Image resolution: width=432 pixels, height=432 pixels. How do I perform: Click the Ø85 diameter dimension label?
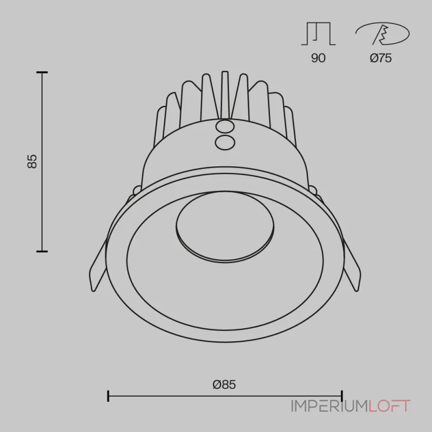(x=224, y=384)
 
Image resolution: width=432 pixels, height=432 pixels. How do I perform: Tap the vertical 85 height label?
(x=32, y=161)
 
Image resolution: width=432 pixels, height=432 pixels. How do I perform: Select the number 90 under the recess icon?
(x=318, y=58)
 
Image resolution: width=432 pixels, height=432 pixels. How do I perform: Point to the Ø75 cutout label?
(x=381, y=58)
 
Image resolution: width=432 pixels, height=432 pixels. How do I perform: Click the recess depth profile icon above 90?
(x=318, y=33)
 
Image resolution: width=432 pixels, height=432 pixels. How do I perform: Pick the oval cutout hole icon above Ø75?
(x=382, y=33)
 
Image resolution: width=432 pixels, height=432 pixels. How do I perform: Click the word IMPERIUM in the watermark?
(x=329, y=406)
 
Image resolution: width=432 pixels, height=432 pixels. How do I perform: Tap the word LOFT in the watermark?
(x=389, y=406)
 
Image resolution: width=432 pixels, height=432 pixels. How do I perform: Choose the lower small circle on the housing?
(x=225, y=143)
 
